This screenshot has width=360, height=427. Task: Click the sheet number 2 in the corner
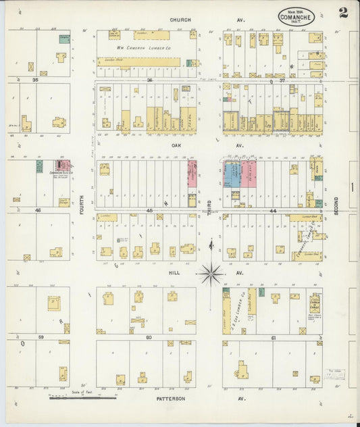point(344,12)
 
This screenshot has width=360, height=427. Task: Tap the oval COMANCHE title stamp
point(296,15)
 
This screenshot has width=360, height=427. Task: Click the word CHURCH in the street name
point(180,20)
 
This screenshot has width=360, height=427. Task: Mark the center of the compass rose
point(210,274)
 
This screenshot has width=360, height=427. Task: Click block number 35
point(34,80)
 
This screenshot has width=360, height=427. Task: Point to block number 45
point(150,211)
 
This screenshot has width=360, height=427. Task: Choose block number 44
point(273,211)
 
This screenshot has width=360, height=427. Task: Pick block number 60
point(150,336)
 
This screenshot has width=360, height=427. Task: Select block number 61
point(273,336)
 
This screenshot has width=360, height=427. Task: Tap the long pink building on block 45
point(192,174)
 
